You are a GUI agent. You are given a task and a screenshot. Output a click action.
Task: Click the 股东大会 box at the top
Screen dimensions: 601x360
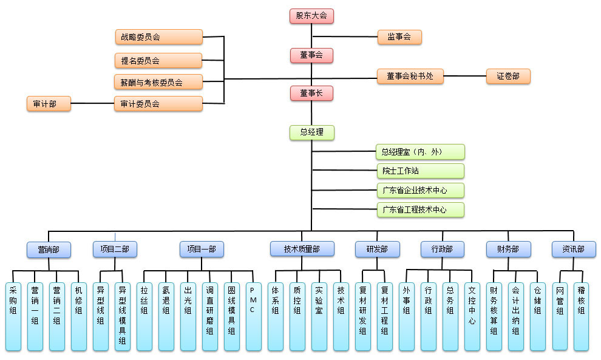311,16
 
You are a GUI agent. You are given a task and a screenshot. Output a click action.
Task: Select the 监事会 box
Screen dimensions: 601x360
399,37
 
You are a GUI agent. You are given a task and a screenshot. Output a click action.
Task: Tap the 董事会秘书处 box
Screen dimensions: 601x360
410,76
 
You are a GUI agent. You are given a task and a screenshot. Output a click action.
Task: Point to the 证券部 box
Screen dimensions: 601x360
508,76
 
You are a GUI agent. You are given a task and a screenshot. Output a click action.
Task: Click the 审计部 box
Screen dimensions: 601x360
49,104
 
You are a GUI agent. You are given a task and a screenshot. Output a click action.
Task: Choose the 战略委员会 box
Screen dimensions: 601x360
158,37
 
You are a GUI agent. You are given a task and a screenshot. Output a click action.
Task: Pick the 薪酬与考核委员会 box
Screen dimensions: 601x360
158,82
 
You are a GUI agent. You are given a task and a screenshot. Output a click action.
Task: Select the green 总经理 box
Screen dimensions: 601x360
311,132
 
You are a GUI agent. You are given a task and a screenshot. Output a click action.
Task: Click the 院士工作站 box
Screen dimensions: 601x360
421,171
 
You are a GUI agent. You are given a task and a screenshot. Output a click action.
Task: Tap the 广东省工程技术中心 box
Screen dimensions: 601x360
421,209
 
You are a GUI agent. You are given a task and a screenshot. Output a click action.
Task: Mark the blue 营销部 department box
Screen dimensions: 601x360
49,250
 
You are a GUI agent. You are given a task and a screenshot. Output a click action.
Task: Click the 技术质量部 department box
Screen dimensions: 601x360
302,249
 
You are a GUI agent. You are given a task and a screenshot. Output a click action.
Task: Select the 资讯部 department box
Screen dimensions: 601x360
574,249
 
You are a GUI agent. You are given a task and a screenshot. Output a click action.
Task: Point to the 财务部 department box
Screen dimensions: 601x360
508,249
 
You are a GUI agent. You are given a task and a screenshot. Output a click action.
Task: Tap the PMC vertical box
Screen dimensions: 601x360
253,317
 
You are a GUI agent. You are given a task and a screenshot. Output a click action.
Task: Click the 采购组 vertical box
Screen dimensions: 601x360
13,317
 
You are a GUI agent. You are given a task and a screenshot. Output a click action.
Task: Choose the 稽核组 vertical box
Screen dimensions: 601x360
582,317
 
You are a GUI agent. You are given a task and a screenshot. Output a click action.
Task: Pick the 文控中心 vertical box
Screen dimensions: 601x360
472,317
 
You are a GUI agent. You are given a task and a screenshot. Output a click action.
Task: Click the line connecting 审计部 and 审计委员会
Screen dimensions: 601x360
92,103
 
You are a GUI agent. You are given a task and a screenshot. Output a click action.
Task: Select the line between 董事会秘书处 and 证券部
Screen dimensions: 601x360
464,76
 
